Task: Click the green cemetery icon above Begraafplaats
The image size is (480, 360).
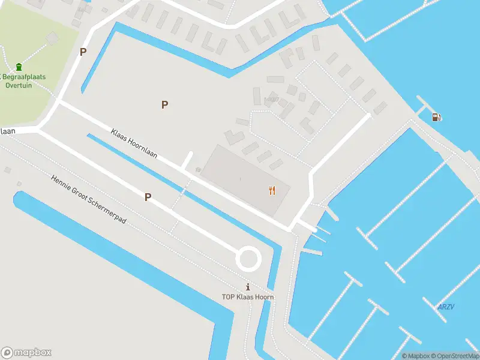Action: [19, 66]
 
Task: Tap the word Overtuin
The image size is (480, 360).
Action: [19, 85]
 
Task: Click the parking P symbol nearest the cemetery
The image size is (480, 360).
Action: [83, 52]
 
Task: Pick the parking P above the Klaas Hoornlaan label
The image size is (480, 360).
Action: [164, 104]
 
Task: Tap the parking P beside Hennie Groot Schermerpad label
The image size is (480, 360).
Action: [148, 197]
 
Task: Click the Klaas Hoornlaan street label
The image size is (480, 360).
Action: [134, 143]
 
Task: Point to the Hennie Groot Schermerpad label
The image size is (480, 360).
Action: [89, 200]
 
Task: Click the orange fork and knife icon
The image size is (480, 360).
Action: [272, 191]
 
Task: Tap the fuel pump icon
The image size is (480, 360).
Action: [436, 117]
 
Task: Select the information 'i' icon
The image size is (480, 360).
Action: [247, 286]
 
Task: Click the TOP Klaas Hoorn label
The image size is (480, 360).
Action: [247, 297]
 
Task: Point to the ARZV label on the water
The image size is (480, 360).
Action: [446, 307]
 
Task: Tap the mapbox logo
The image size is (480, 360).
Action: [26, 353]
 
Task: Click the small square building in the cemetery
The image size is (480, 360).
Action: [52, 38]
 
